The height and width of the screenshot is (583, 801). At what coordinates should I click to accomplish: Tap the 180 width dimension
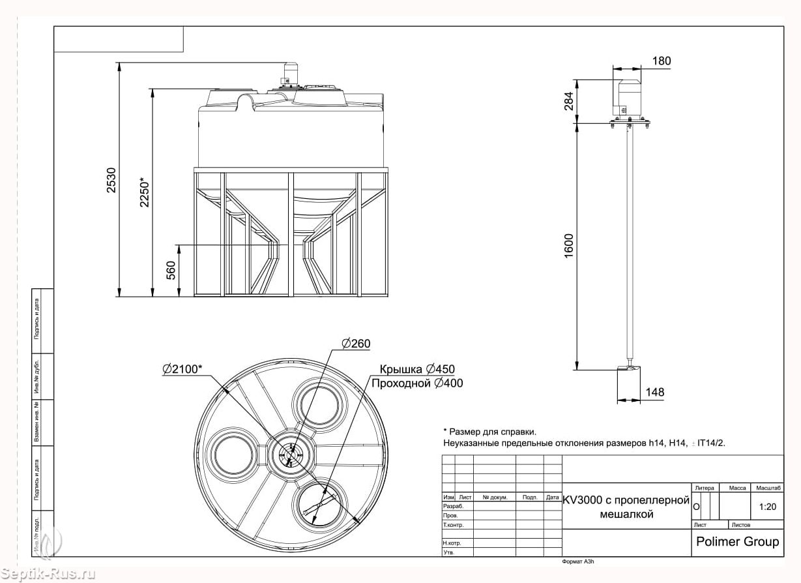(x=661, y=61)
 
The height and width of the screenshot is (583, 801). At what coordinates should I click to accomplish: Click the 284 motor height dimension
(x=569, y=101)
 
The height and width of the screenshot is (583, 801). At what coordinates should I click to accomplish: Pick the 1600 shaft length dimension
(x=569, y=247)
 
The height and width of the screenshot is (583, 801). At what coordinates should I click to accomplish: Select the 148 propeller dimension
(x=654, y=392)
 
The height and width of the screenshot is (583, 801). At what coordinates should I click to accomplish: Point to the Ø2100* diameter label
(x=182, y=369)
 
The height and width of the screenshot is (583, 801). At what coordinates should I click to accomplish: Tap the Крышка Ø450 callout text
(x=413, y=369)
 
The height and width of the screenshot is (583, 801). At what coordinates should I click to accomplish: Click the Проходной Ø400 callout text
(x=416, y=383)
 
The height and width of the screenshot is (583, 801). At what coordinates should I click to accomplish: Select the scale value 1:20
(x=768, y=506)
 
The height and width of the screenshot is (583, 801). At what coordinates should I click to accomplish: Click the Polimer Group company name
(x=737, y=541)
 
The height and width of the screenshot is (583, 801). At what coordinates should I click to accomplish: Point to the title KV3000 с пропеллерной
(x=626, y=500)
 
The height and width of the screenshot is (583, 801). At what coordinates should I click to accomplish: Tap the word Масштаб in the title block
(x=768, y=488)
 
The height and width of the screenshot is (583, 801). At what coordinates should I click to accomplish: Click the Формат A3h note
(x=577, y=561)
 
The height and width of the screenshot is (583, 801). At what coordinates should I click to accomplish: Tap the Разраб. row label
(x=453, y=506)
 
